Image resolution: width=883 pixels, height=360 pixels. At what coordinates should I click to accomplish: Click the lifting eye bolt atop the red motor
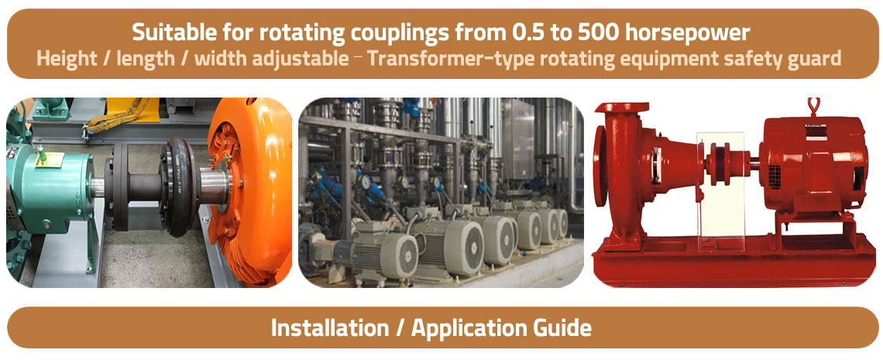point(812,107)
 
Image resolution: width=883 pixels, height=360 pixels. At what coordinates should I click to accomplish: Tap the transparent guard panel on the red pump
point(720,192)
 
